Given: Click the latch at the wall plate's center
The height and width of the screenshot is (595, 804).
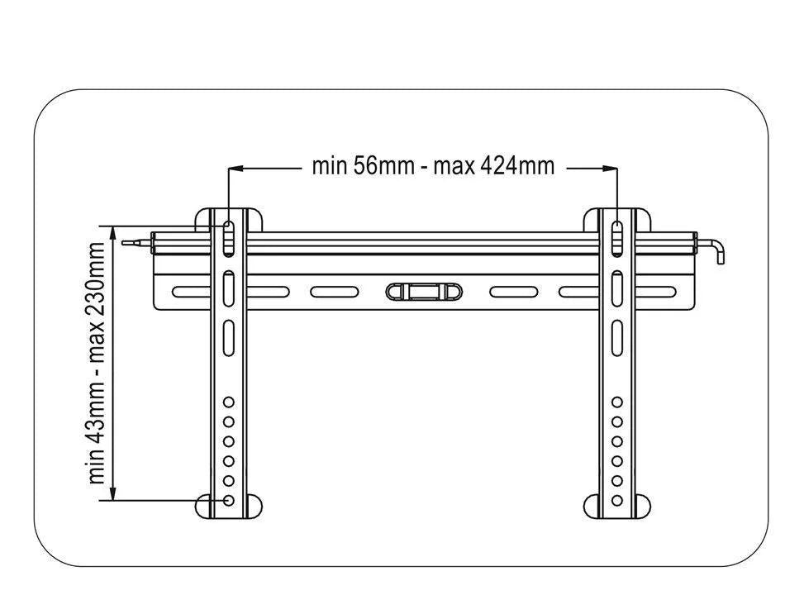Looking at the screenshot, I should (x=424, y=291).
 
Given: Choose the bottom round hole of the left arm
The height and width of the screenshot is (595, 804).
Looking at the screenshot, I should (x=229, y=501).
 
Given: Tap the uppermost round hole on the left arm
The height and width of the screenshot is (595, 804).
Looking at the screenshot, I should (x=229, y=402).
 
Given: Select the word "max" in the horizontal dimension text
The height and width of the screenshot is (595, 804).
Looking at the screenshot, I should (x=454, y=166).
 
